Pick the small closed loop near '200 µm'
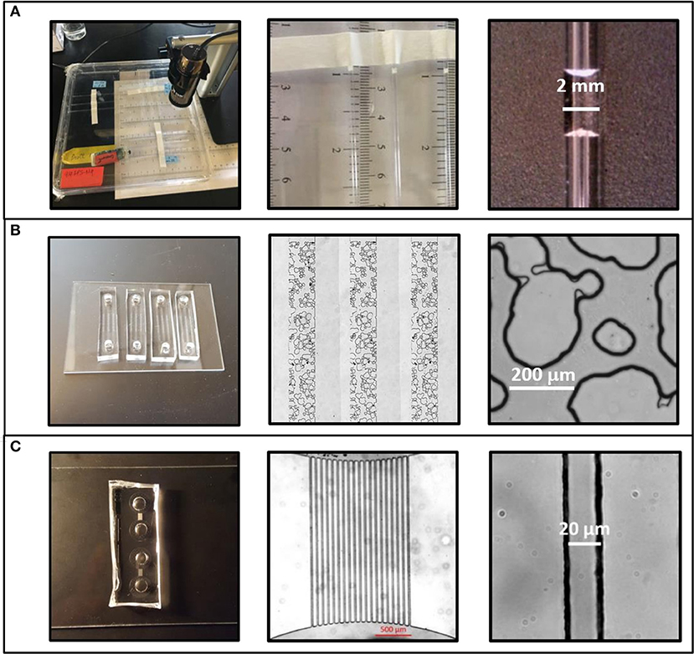pos(614,337)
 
